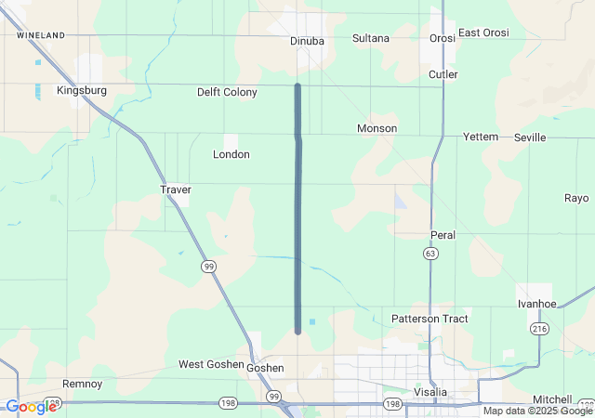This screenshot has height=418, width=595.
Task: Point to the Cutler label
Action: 443,74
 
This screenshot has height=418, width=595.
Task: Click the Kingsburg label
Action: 82,91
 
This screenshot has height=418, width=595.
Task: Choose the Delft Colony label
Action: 227,93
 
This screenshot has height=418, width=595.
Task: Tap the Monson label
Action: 377,128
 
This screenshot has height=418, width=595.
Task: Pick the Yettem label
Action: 481,137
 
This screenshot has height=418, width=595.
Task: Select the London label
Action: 231,154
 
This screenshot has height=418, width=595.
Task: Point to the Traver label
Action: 175,189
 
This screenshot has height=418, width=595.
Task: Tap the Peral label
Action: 443,235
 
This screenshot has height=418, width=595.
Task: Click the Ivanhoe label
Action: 536,304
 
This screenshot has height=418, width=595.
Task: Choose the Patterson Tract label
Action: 430,319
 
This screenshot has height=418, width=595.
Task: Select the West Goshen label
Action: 210,364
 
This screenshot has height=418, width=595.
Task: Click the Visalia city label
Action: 430,392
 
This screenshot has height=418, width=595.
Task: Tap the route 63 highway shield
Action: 430,253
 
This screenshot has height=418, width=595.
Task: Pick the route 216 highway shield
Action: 539,329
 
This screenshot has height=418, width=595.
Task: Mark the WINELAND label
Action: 41,35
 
